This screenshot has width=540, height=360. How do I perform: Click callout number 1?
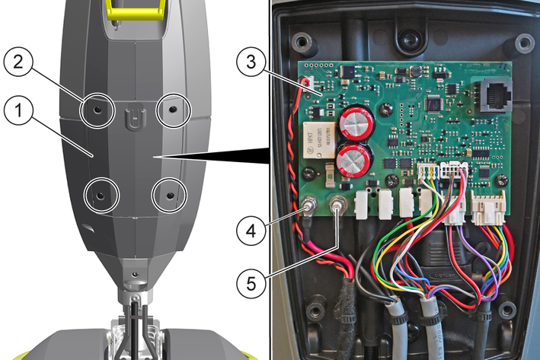click(x=18, y=110)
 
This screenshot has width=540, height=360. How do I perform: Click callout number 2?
click(x=18, y=62)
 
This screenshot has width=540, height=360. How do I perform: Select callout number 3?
click(x=251, y=62)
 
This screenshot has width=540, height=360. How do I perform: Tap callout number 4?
click(x=251, y=231)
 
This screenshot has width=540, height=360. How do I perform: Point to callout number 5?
click(x=251, y=284)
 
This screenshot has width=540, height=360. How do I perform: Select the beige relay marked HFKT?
click(x=319, y=140)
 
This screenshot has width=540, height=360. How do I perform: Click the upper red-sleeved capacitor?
click(x=356, y=122)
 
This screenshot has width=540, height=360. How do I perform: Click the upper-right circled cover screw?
click(x=172, y=110)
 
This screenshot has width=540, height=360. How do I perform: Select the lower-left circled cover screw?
click(x=101, y=196)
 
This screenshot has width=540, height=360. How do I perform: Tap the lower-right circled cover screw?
click(x=169, y=196)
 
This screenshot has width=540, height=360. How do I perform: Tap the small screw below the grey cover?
click(x=136, y=274)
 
